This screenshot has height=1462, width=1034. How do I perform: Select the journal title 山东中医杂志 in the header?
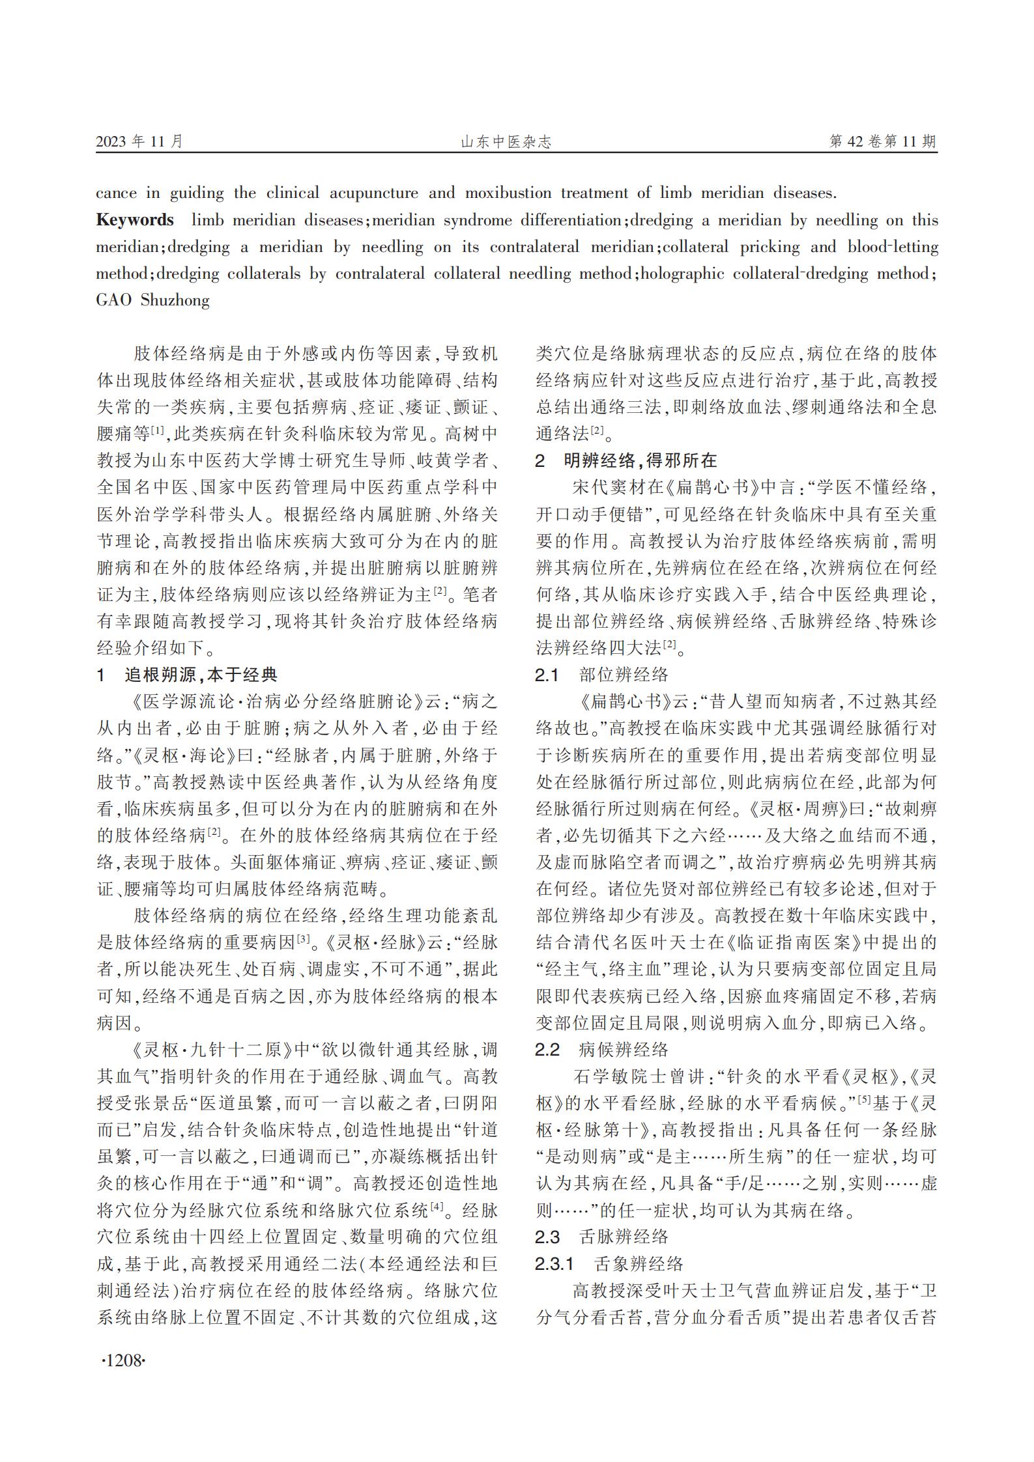pyautogui.click(x=506, y=142)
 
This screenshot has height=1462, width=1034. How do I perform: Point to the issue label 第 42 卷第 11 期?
pyautogui.click(x=883, y=141)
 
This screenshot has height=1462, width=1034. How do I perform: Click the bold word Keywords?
pyautogui.click(x=135, y=220)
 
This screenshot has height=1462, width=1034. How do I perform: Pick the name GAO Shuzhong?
pyautogui.click(x=153, y=300)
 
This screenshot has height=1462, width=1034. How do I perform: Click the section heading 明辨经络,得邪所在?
pyautogui.click(x=640, y=460)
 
